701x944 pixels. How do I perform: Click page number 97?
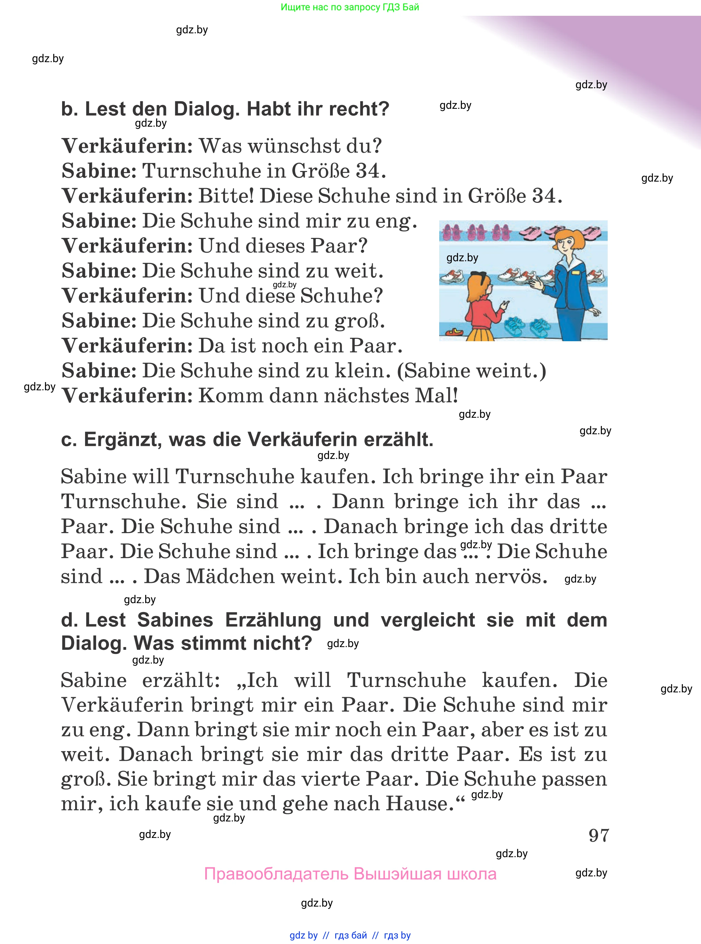(599, 835)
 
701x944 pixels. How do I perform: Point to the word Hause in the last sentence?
(416, 804)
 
